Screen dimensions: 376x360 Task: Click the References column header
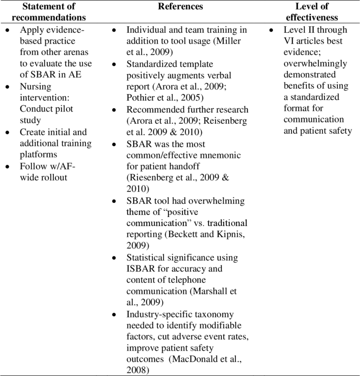180,7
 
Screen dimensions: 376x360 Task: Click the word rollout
52,178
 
